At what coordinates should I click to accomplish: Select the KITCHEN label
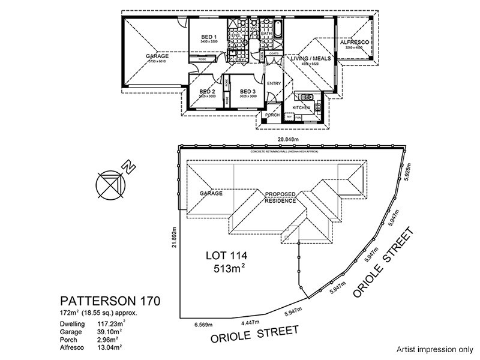(x=301, y=107)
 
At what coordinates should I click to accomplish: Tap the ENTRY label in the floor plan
(x=274, y=83)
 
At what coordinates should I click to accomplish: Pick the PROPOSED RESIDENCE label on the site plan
(x=280, y=197)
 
